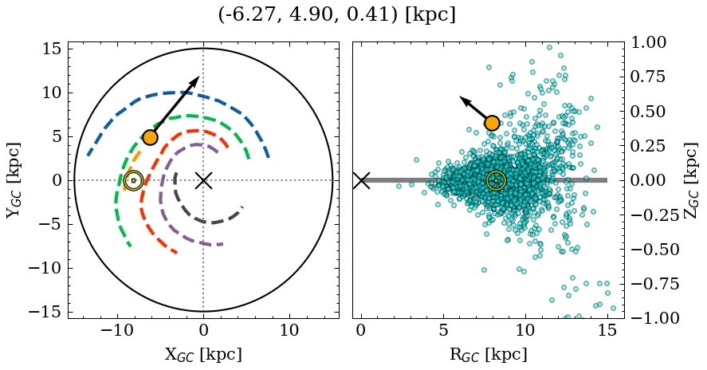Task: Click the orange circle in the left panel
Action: (x=150, y=137)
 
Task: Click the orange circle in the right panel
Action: (x=492, y=123)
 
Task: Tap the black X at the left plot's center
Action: (x=203, y=180)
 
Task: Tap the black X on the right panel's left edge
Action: (x=361, y=180)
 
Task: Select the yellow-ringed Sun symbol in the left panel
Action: (x=133, y=181)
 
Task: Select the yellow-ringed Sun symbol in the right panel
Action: (x=496, y=181)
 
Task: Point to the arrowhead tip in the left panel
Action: (x=198, y=77)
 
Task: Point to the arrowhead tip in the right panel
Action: (x=460, y=97)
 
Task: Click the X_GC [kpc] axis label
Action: (x=203, y=355)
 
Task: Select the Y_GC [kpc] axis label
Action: (x=14, y=180)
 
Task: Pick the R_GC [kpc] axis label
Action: (x=488, y=355)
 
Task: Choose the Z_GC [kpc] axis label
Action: (x=690, y=180)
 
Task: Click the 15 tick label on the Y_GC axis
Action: (x=51, y=49)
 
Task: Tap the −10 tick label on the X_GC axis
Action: (x=117, y=330)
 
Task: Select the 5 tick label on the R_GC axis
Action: (x=442, y=330)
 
